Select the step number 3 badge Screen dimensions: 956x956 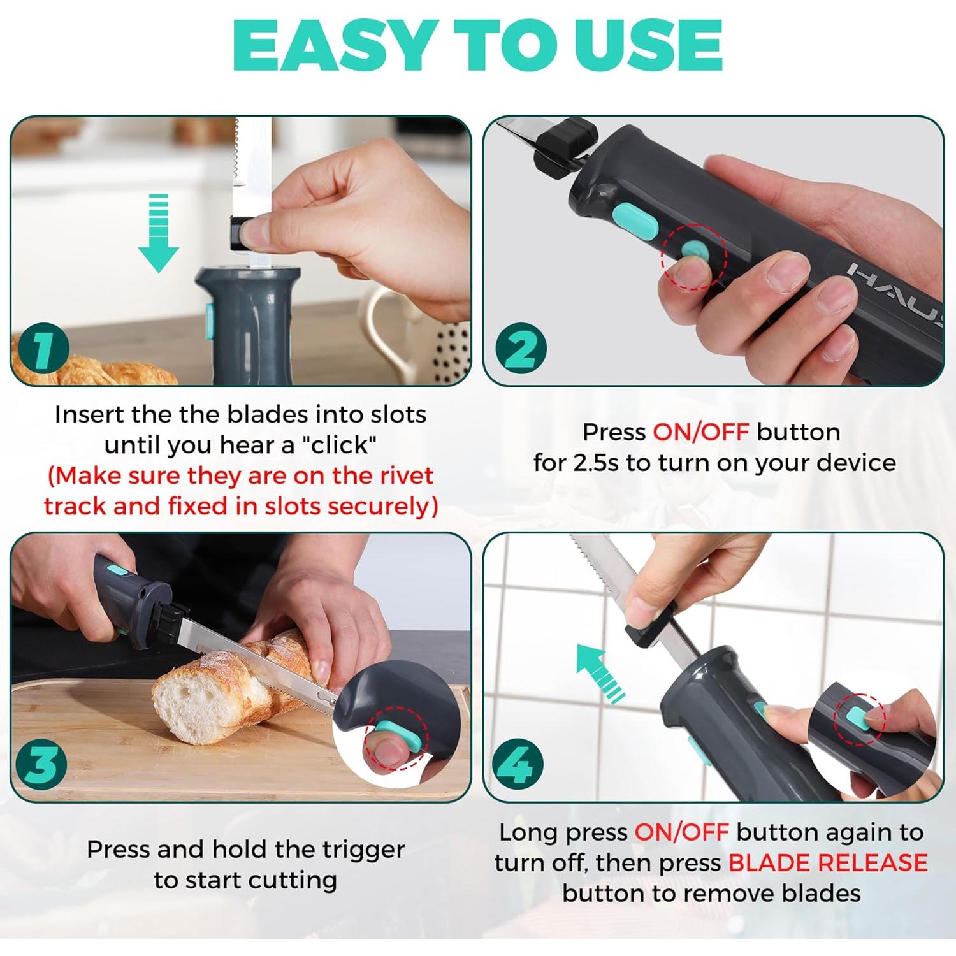pyautogui.click(x=42, y=763)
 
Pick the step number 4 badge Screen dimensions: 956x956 pyautogui.click(x=519, y=764)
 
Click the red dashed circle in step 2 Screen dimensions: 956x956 pyautogui.click(x=693, y=256)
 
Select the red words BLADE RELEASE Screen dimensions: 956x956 pyautogui.click(x=827, y=863)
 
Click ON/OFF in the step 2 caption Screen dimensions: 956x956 pyautogui.click(x=700, y=433)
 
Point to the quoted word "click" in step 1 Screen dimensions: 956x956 pyautogui.click(x=342, y=445)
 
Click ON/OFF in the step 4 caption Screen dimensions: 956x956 pyautogui.click(x=681, y=832)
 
